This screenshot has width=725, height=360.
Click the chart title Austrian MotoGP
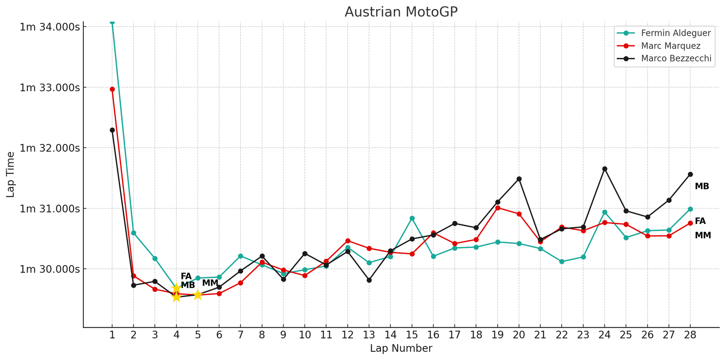click(401, 12)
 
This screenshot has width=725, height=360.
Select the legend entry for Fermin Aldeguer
click(676, 33)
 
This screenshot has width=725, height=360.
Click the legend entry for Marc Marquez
click(671, 46)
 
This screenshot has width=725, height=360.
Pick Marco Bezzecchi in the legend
click(676, 58)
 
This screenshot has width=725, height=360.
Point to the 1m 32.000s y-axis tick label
click(50, 148)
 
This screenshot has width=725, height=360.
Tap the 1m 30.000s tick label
click(50, 269)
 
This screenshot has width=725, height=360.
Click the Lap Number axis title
click(401, 348)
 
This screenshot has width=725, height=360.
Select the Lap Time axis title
click(10, 175)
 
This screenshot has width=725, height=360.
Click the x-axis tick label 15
click(412, 335)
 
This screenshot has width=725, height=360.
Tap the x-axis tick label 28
click(690, 335)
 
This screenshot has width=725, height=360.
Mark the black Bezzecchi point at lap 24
click(604, 169)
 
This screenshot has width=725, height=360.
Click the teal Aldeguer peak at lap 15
click(412, 218)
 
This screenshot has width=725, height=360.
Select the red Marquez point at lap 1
click(112, 89)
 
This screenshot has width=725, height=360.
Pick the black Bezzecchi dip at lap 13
click(369, 280)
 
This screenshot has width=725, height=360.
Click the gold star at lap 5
click(198, 295)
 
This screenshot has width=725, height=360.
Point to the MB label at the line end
click(701, 186)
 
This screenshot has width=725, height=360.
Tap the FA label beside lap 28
click(700, 221)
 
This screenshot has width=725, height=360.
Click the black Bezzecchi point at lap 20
click(519, 179)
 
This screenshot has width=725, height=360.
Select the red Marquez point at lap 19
click(498, 208)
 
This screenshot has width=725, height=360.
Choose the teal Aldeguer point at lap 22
click(562, 262)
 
